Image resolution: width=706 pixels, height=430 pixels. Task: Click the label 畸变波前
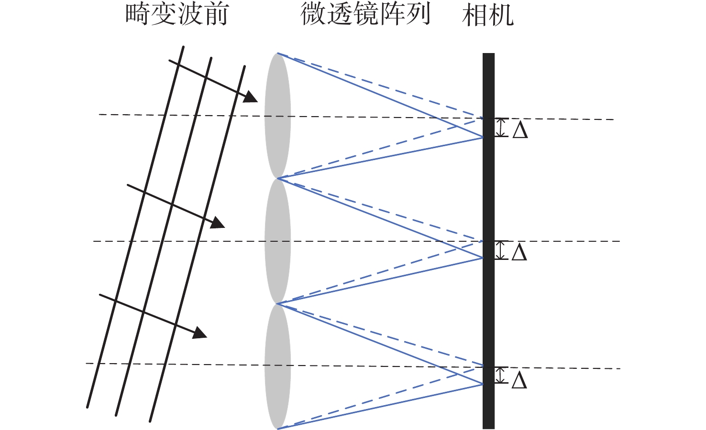[176, 14]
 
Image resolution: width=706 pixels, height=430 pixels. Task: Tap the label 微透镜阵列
[366, 14]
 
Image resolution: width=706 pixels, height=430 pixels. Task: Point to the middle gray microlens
[277, 241]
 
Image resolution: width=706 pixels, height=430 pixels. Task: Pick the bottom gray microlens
[277, 366]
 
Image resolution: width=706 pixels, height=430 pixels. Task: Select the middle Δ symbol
[519, 252]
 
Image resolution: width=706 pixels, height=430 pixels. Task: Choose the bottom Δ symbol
[519, 380]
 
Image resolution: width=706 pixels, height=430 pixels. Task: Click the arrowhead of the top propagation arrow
[250, 97]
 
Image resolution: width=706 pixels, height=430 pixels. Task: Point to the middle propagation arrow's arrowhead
[217, 223]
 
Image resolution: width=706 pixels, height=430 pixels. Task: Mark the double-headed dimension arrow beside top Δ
[501, 128]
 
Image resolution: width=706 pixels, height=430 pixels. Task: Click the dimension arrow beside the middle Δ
[501, 250]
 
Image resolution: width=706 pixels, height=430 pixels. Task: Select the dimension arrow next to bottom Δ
[501, 375]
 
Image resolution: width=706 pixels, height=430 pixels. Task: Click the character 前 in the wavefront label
[215, 14]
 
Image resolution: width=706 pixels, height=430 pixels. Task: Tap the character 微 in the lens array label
[313, 14]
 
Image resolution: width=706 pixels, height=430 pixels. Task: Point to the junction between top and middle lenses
[278, 178]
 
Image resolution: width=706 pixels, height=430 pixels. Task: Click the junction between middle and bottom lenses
[278, 303]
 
